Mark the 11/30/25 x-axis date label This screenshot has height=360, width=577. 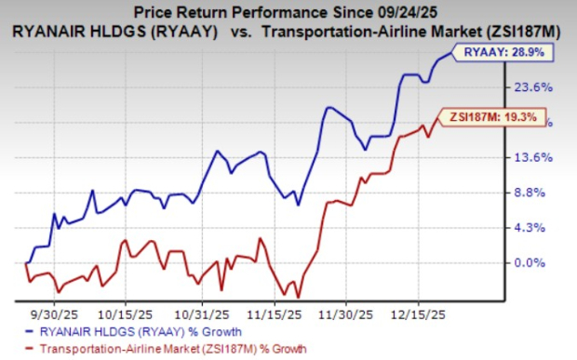(x=344, y=303)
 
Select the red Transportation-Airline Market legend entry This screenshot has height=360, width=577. (x=172, y=348)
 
